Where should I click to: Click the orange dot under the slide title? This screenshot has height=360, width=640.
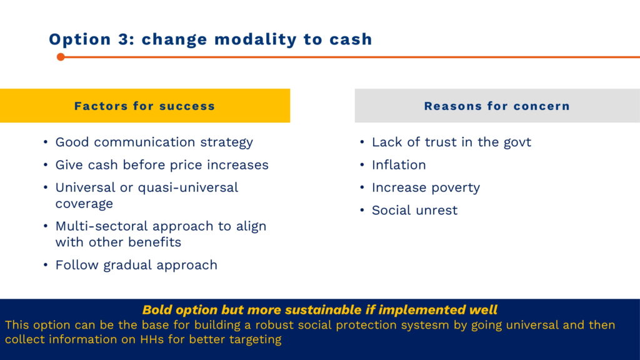click(x=61, y=57)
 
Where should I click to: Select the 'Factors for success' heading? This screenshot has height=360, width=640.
click(x=144, y=106)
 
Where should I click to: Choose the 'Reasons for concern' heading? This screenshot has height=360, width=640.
click(x=497, y=106)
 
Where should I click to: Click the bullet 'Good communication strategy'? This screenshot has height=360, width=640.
click(x=154, y=142)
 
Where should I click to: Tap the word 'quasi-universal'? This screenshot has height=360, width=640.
click(x=188, y=187)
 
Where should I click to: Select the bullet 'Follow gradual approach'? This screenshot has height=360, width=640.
click(x=136, y=265)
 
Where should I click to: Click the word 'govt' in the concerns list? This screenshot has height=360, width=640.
click(x=517, y=142)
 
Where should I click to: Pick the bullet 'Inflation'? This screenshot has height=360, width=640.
click(x=399, y=165)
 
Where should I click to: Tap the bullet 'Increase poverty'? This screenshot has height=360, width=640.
click(x=426, y=187)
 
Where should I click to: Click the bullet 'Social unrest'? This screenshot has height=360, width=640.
click(x=415, y=210)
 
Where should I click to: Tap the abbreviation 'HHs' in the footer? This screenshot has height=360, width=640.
click(x=152, y=339)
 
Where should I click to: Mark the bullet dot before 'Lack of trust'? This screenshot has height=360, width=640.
click(x=362, y=142)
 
